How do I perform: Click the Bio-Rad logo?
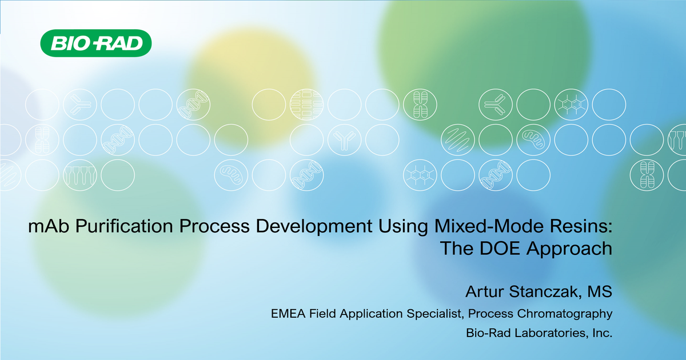click(x=95, y=43)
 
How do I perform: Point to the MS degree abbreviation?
click(x=600, y=293)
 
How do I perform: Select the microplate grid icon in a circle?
click(x=307, y=105)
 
